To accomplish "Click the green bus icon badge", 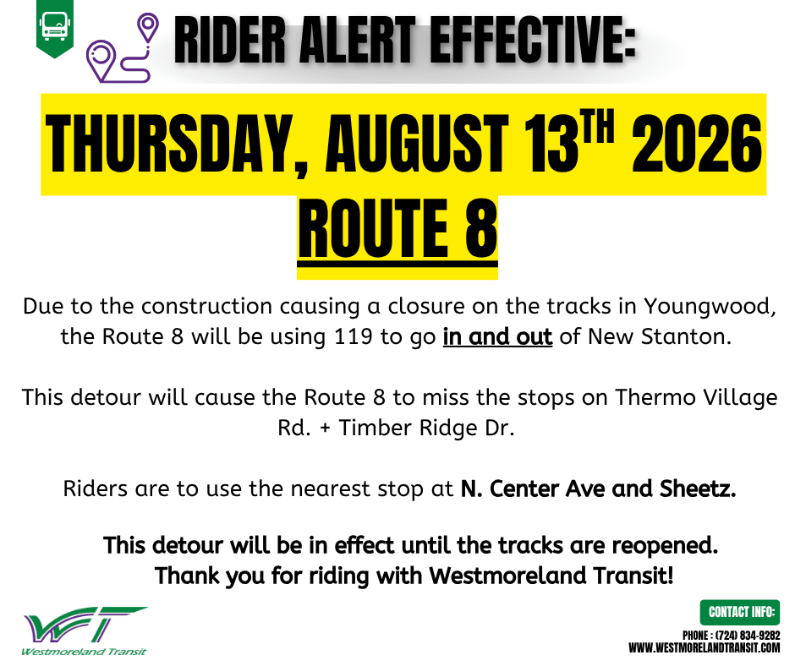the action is tap(55, 29).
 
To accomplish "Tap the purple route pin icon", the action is tap(122, 48).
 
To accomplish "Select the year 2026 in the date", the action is tap(697, 144).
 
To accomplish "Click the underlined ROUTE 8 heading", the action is tap(397, 230).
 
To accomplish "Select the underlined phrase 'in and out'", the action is tap(497, 337).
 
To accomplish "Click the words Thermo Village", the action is tap(696, 398).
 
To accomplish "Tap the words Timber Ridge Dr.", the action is tap(426, 428).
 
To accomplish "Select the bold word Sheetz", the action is tap(698, 489).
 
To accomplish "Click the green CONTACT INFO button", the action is tap(740, 612).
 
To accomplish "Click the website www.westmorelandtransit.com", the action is tap(705, 648).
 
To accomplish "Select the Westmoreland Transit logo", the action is tap(85, 631).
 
